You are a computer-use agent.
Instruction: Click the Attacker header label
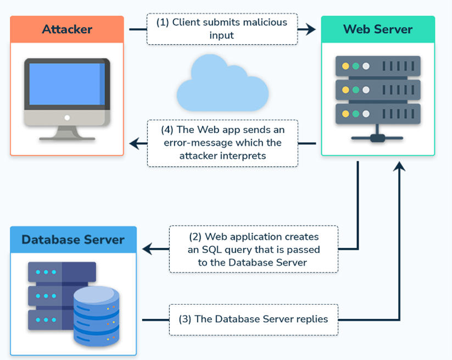[67, 29]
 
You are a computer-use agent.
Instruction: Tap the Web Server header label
[377, 29]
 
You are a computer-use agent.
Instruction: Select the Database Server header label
[73, 239]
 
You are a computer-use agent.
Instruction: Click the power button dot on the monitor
[67, 117]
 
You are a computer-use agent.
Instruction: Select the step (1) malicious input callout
[222, 29]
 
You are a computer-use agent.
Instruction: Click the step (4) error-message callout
[222, 143]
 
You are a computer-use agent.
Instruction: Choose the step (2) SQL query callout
[253, 249]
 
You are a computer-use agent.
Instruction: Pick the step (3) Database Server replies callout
[253, 319]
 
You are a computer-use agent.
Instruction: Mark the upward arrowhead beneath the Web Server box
[400, 166]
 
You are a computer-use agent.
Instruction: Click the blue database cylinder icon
[96, 315]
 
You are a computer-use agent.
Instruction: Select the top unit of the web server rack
[377, 66]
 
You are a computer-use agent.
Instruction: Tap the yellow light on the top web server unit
[345, 66]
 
